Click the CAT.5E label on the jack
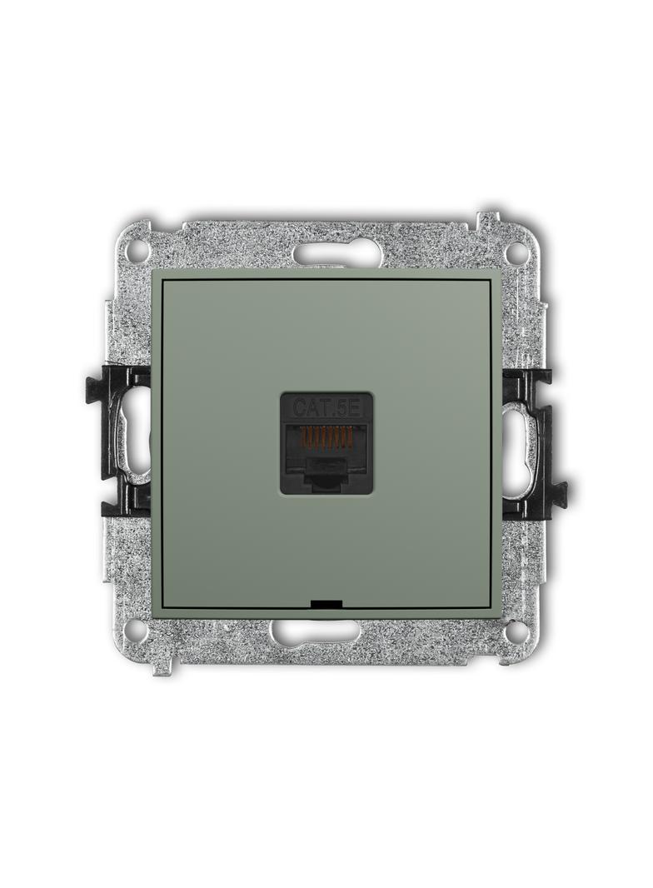point(325,407)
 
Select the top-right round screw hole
point(516,250)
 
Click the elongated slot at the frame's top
point(326,250)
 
